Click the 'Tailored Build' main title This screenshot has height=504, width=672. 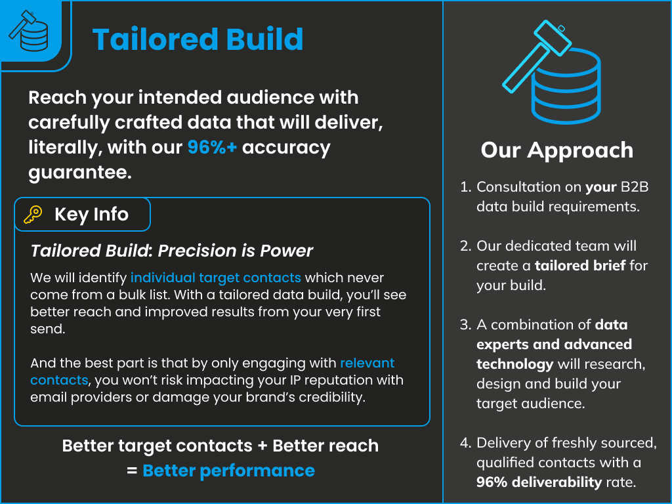coord(198,39)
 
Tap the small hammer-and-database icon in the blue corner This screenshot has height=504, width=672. coord(29,31)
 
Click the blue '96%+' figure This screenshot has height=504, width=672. coord(212,148)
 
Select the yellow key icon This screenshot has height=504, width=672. coord(33,215)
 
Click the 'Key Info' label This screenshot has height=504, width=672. coord(91,215)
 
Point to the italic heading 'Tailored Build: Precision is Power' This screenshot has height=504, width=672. coord(171,251)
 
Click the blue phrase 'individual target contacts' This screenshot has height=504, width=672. coord(215,278)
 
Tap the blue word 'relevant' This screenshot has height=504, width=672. coord(367,363)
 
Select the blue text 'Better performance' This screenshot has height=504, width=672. coord(229,471)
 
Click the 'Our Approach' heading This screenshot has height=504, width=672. coord(556,150)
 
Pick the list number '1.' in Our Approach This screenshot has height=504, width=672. coord(465,187)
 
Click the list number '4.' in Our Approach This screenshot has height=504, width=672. coord(465,443)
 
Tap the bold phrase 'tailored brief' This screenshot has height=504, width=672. coord(580,266)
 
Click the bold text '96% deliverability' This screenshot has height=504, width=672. coord(539,482)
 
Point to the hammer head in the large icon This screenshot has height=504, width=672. coord(553,37)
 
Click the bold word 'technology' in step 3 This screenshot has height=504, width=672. coord(514,364)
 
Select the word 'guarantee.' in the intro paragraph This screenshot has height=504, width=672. coord(80,173)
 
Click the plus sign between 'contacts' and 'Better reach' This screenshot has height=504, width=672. coord(262,446)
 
